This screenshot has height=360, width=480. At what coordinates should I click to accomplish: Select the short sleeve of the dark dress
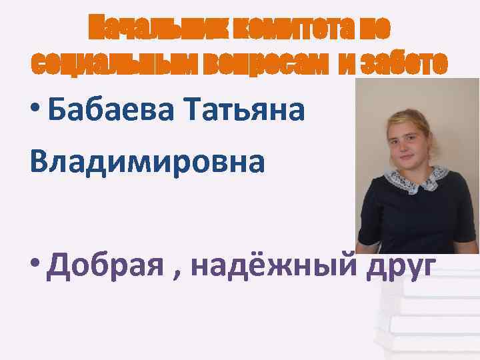point(371,220)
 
